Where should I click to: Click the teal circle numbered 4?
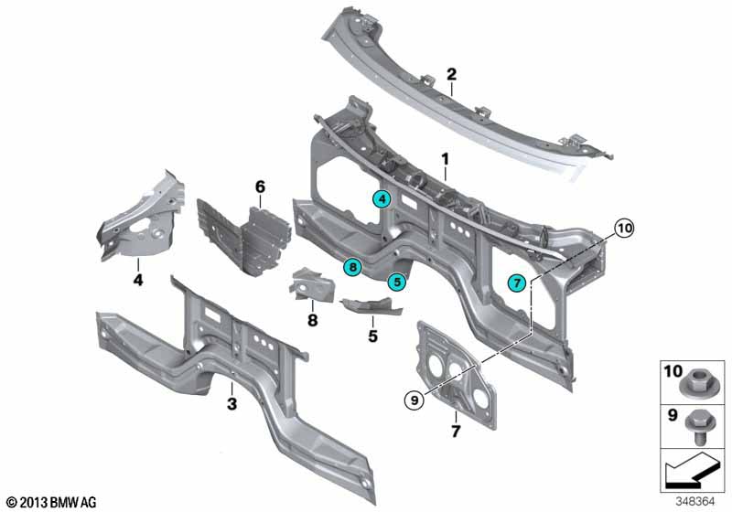coord(382,199)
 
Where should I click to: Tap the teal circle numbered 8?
coord(352,267)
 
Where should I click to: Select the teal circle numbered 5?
coord(397,282)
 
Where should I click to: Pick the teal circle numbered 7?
coord(517,283)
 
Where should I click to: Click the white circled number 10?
coord(624,228)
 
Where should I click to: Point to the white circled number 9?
coord(414,400)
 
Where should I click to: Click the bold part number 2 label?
coord(451,74)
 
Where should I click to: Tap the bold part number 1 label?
coord(446,159)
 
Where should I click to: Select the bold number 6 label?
coord(260,187)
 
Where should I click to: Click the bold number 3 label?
coord(231,404)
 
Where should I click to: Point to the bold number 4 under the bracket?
coord(138,281)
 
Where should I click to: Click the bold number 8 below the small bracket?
coord(312,320)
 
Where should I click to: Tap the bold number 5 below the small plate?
coord(372,336)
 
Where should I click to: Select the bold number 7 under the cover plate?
coord(456,431)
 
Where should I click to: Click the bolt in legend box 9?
coord(697,427)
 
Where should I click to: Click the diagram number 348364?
coord(695,502)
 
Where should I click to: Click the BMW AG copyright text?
coord(52,503)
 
